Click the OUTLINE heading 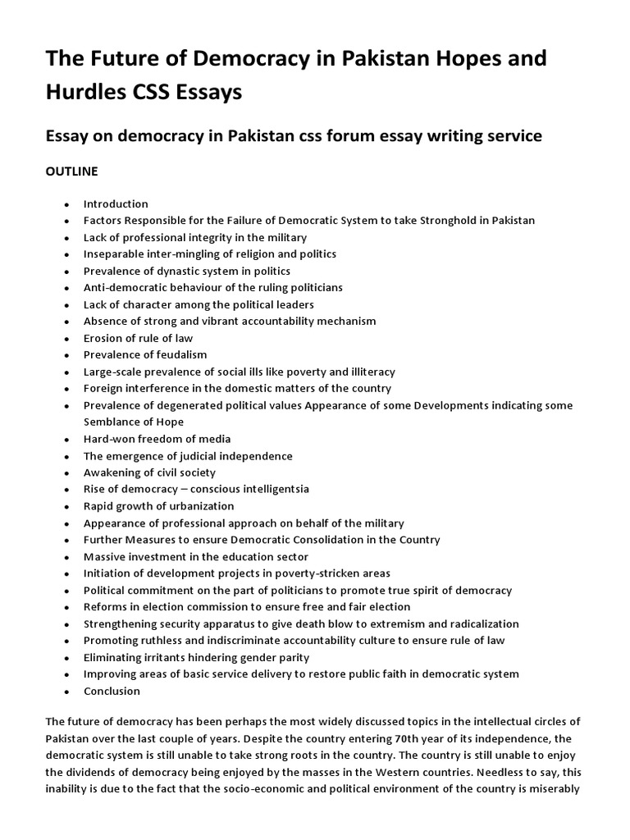point(71,171)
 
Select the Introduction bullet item point(116,203)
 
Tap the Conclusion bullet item point(112,691)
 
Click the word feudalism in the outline point(180,354)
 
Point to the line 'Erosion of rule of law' point(139,338)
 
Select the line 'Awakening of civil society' point(149,472)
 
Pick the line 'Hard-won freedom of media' point(157,439)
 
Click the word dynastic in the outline point(171,271)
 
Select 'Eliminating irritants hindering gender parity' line point(196,657)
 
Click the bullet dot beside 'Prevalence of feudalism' point(66,355)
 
